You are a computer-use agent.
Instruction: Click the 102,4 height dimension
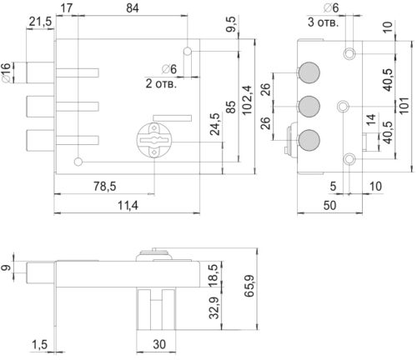click(248, 100)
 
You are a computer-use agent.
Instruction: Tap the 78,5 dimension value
click(105, 186)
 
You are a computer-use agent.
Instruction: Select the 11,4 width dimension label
click(128, 205)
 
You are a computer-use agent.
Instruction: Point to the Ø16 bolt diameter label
click(6, 72)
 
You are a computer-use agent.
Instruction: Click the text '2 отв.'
click(161, 83)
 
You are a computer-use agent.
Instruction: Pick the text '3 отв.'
click(324, 22)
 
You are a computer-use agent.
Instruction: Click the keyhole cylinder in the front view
click(154, 140)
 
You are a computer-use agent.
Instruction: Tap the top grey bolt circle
click(309, 72)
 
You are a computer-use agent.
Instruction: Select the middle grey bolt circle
click(309, 107)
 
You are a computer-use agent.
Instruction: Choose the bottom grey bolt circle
click(309, 140)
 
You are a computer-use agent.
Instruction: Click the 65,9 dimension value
click(249, 286)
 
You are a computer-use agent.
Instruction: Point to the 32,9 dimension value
click(214, 307)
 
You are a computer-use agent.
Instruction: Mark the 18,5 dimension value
click(214, 276)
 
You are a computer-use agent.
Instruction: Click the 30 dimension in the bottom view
click(159, 344)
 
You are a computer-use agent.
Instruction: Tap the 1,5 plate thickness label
click(39, 345)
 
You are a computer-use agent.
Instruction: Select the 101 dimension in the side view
click(404, 105)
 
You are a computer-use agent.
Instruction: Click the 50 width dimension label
click(329, 205)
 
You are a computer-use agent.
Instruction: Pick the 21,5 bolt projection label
click(41, 22)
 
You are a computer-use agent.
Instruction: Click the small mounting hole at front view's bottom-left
click(78, 162)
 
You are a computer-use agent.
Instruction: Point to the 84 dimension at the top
click(133, 8)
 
